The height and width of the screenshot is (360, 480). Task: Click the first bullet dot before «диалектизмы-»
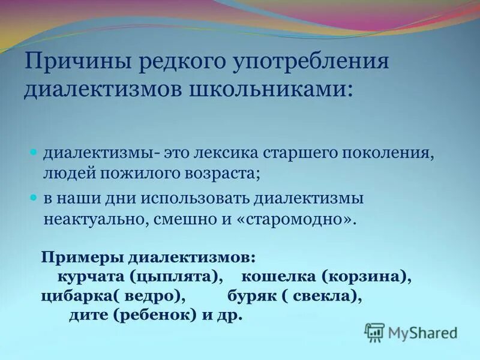34,152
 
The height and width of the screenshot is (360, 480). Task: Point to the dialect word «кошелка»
273,277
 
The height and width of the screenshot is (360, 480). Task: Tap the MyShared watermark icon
375,332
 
